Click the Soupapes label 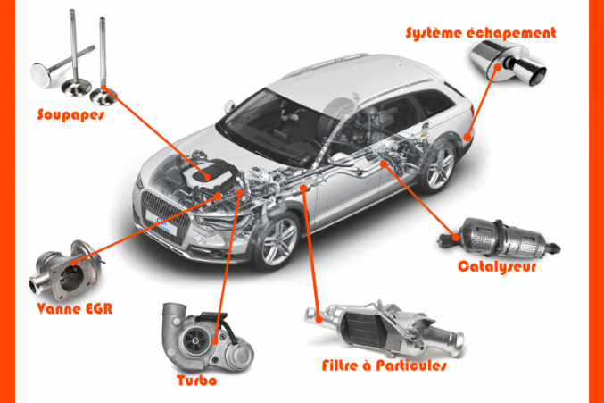(x=70, y=114)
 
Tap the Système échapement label (x=480, y=33)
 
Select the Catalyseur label (x=497, y=266)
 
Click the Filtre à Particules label (x=383, y=366)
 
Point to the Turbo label (x=197, y=379)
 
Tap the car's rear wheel (x=438, y=167)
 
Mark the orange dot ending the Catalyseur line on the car (x=384, y=164)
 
